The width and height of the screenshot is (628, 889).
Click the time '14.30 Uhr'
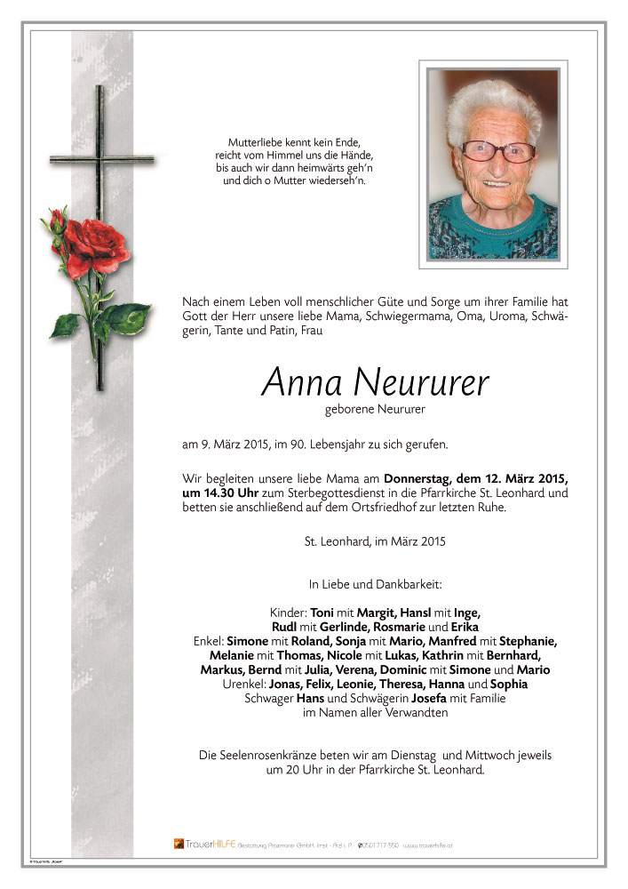211,493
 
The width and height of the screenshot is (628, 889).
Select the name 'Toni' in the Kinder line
322,613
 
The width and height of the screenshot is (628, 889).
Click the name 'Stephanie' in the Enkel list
528,640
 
